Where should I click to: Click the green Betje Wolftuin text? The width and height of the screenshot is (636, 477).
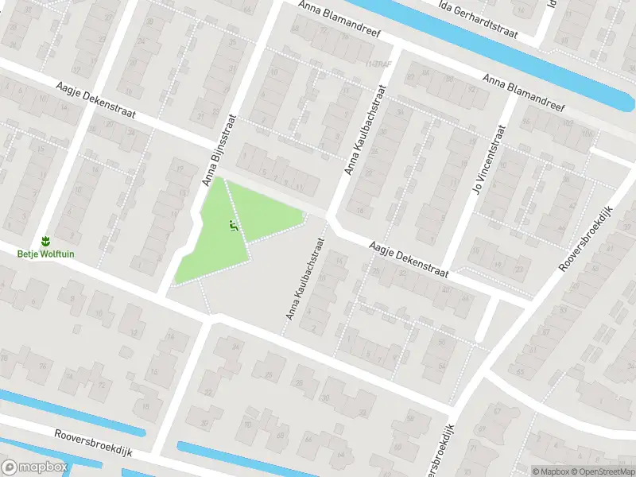click(x=45, y=254)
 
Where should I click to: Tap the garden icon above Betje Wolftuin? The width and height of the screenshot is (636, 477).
click(x=45, y=240)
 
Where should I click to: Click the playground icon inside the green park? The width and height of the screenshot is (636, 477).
click(x=233, y=227)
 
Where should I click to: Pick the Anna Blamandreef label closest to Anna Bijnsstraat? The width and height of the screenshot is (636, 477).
click(x=339, y=20)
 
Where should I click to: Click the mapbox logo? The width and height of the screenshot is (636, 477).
click(x=33, y=467)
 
